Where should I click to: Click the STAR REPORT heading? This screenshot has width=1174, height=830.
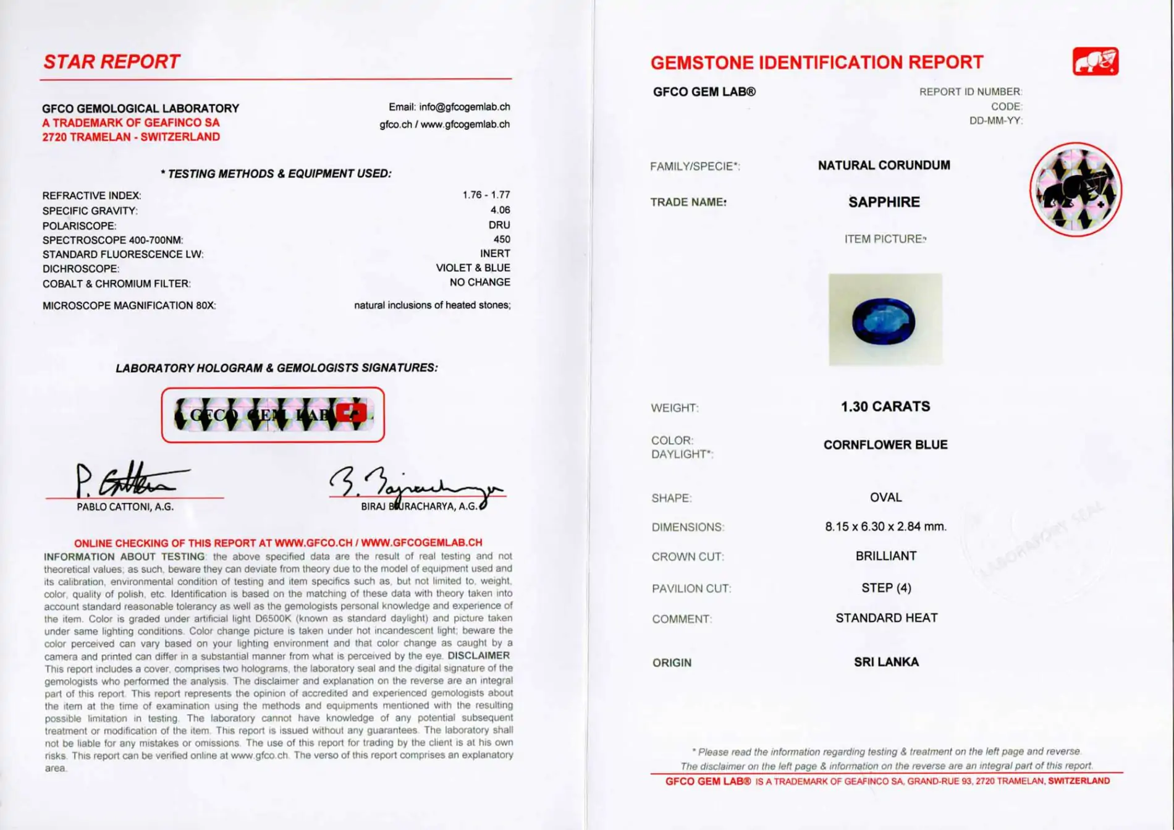click(x=111, y=62)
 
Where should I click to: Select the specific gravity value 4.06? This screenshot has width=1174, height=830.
click(x=500, y=210)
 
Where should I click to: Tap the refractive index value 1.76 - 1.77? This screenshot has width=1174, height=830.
click(x=486, y=195)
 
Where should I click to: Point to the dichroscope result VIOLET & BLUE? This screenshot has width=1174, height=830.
click(x=473, y=268)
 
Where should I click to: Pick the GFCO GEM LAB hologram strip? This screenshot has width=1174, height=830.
click(x=272, y=415)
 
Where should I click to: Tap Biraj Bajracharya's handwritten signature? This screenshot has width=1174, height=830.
click(x=414, y=485)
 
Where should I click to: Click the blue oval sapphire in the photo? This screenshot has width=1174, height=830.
click(x=884, y=321)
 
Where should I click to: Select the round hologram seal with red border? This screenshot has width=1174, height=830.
click(x=1076, y=190)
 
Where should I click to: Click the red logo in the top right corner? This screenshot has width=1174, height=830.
click(x=1096, y=61)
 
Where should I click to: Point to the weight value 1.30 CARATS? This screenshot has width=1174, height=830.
click(x=885, y=407)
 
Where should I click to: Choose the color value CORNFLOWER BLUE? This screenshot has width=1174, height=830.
click(x=885, y=445)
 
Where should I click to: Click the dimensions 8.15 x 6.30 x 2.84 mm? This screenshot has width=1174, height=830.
click(x=885, y=527)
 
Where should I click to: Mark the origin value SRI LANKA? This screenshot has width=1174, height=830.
click(x=886, y=662)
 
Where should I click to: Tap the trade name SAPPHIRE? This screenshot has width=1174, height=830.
click(x=884, y=202)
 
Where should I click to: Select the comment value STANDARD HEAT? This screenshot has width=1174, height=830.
click(x=886, y=618)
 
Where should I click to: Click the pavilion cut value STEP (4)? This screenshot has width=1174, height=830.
click(x=886, y=588)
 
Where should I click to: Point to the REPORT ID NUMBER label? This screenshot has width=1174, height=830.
click(x=970, y=91)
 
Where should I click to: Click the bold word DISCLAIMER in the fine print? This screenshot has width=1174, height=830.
click(x=479, y=656)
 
